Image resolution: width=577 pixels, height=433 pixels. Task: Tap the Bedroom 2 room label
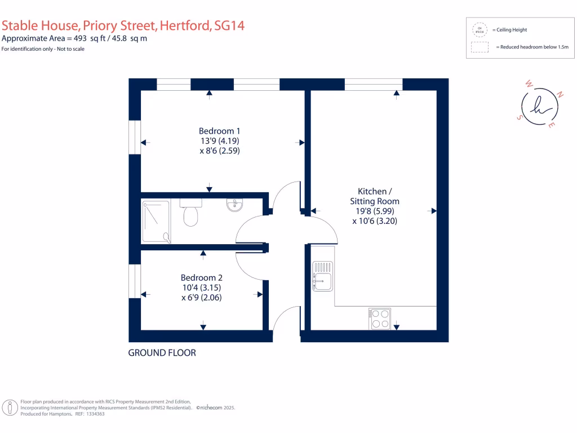tap(201, 277)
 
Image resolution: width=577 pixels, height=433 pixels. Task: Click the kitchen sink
tap(322, 276)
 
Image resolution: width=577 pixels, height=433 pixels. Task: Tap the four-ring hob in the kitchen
tap(380, 319)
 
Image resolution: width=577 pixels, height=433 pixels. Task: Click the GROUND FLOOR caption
tap(162, 353)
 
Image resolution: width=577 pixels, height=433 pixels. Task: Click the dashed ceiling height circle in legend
tap(480, 29)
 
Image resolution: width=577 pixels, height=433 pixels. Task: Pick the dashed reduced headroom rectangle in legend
tap(480, 47)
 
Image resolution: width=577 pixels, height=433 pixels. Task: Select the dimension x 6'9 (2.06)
tap(201, 298)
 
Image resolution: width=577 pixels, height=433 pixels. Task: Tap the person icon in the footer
tap(8, 408)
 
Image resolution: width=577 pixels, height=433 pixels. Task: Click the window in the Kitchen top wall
tap(373, 84)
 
